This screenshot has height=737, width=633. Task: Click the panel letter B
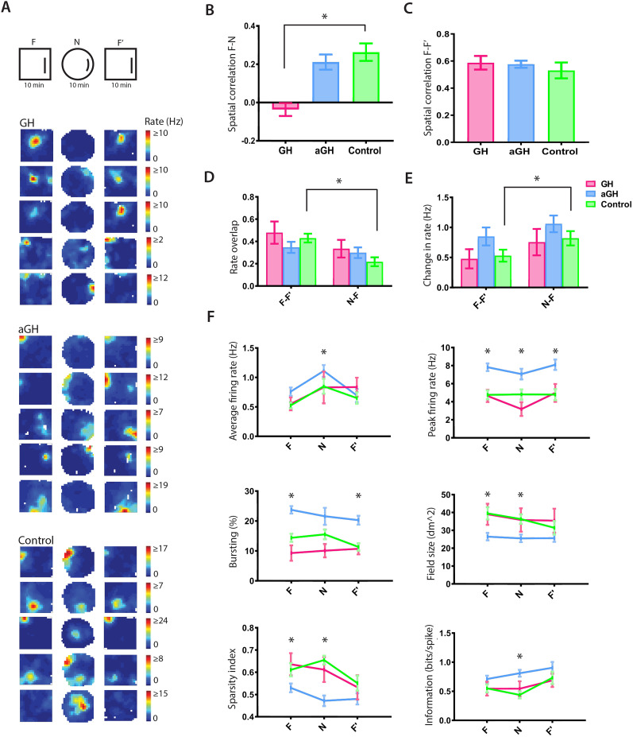tap(210, 10)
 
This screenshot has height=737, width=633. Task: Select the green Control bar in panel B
tap(366, 77)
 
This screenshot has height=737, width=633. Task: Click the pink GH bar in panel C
tap(481, 103)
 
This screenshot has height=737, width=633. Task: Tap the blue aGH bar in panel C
tap(521, 103)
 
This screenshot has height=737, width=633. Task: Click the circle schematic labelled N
tap(78, 64)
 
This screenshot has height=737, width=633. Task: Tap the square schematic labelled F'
tap(121, 64)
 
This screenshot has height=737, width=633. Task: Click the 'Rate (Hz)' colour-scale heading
tap(164, 122)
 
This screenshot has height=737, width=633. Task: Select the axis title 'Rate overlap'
tap(234, 246)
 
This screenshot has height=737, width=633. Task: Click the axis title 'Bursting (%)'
tap(233, 541)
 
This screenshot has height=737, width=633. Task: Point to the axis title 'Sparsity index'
tap(232, 679)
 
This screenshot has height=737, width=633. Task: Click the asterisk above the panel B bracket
tap(325, 17)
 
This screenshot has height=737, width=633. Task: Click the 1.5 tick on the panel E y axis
tap(442, 197)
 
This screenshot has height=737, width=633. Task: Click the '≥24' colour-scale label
tap(160, 620)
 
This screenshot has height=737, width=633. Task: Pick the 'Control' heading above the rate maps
tap(36, 540)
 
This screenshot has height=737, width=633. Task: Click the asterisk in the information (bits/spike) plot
tap(519, 657)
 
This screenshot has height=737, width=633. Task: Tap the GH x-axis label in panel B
tap(285, 150)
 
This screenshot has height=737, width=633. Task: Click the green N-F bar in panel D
tap(375, 273)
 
